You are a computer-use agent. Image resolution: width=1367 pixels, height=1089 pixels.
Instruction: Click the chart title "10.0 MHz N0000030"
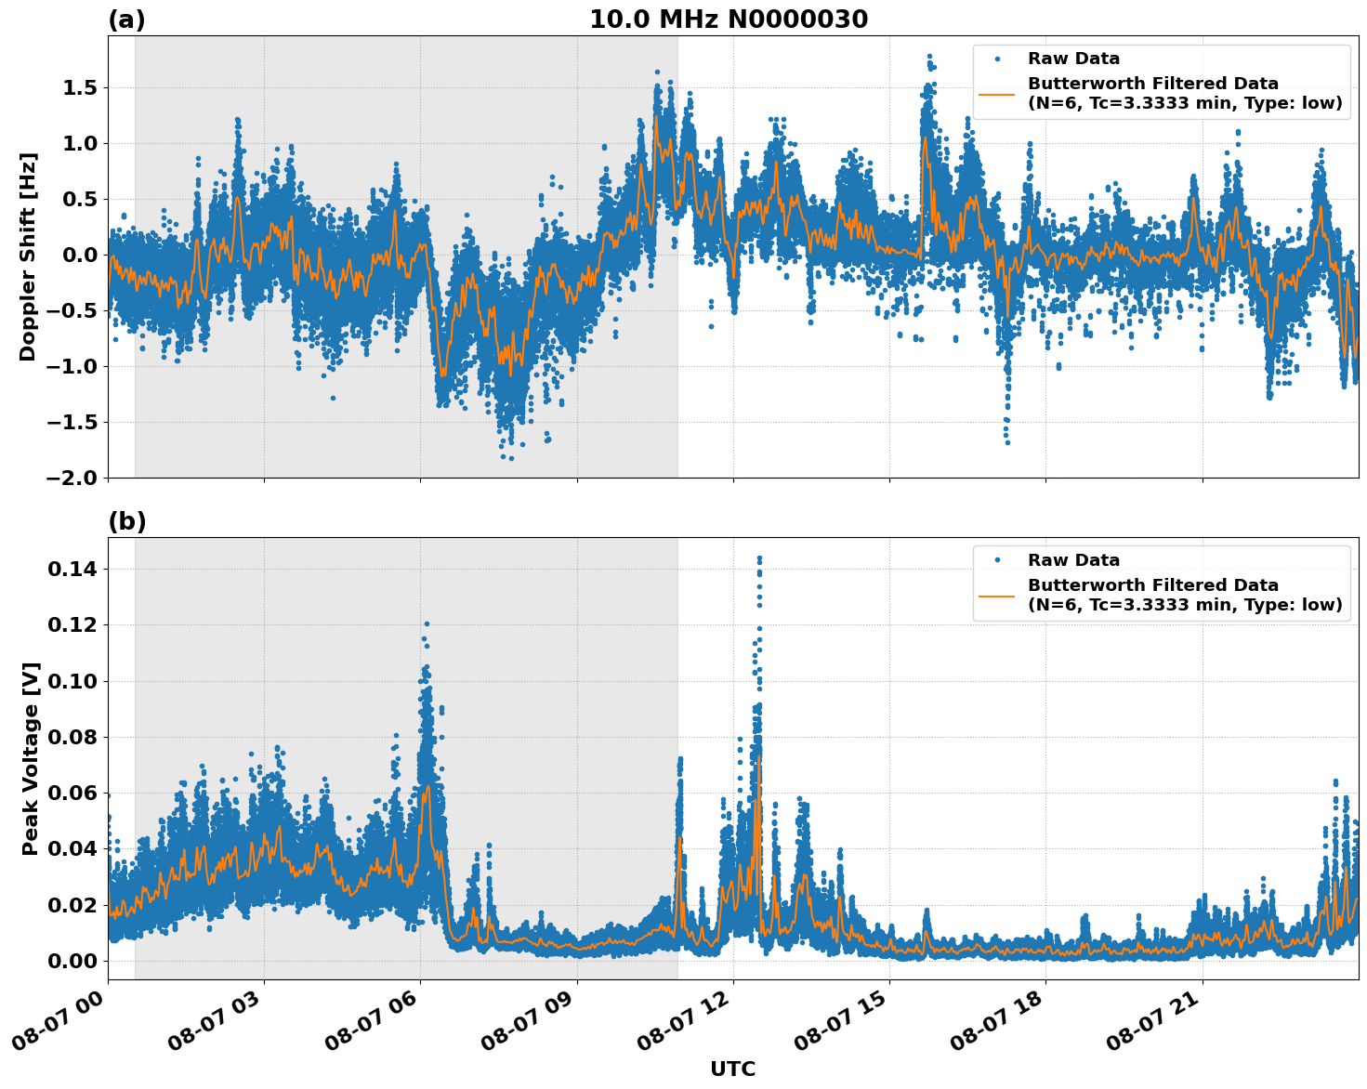click(x=729, y=20)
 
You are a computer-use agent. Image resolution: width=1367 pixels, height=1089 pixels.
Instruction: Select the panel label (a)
click(x=126, y=20)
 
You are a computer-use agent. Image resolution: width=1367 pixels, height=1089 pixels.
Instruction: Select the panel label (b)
click(x=126, y=521)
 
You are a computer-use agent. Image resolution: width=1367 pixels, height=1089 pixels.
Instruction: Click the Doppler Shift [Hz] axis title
click(x=28, y=256)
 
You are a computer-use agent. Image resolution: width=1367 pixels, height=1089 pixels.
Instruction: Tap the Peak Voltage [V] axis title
click(x=31, y=758)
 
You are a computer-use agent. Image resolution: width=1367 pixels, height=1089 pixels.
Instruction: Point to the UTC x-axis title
click(x=732, y=1069)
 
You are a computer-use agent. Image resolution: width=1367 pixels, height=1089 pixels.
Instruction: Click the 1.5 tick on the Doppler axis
click(x=78, y=88)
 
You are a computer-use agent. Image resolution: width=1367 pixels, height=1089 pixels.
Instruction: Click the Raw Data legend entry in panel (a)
click(x=1073, y=59)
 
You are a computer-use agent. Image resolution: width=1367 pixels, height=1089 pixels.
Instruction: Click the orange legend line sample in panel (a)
click(x=997, y=94)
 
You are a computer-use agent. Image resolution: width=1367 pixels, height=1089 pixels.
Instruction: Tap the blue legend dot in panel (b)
click(x=997, y=560)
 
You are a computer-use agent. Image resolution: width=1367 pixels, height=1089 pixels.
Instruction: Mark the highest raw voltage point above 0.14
click(x=759, y=558)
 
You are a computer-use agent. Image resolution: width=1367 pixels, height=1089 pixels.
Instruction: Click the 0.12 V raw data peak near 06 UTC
click(x=427, y=624)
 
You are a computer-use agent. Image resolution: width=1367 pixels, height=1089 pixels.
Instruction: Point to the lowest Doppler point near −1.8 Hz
click(x=511, y=458)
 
